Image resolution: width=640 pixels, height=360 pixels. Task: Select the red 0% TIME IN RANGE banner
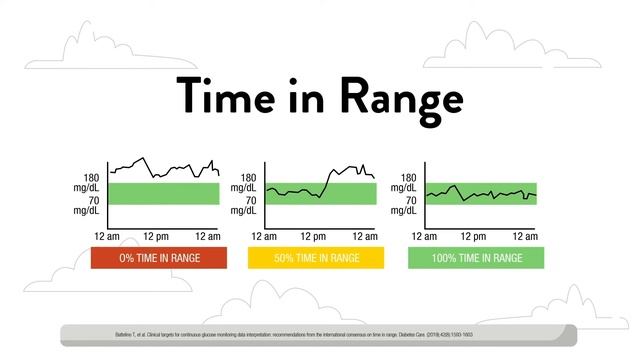click(160, 258)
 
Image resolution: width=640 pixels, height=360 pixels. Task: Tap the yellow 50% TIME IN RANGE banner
click(316, 258)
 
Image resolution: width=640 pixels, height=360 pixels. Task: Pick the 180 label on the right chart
click(408, 177)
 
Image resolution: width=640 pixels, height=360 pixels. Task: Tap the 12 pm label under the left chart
click(156, 236)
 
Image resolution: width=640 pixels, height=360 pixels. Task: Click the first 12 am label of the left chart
click(105, 236)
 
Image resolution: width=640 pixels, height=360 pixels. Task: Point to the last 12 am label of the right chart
click(524, 236)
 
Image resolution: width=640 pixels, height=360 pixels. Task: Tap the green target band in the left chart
click(163, 193)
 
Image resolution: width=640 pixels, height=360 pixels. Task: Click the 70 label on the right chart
click(408, 200)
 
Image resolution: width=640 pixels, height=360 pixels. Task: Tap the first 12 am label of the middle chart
click(263, 236)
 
